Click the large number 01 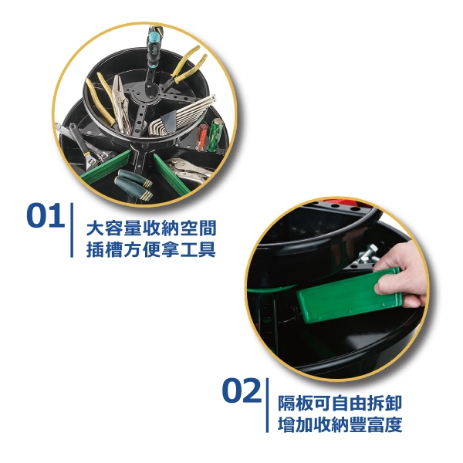(x=46, y=215)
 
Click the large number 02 (x=242, y=390)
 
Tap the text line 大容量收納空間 (x=151, y=228)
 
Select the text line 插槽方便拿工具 (x=151, y=249)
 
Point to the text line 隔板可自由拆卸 (x=340, y=404)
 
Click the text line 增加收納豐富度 (x=340, y=424)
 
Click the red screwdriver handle (x=202, y=137)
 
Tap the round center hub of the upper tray (x=148, y=92)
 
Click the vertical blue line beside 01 (x=72, y=230)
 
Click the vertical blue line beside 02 (x=267, y=405)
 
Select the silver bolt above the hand (x=367, y=255)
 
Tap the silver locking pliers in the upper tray (x=121, y=103)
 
